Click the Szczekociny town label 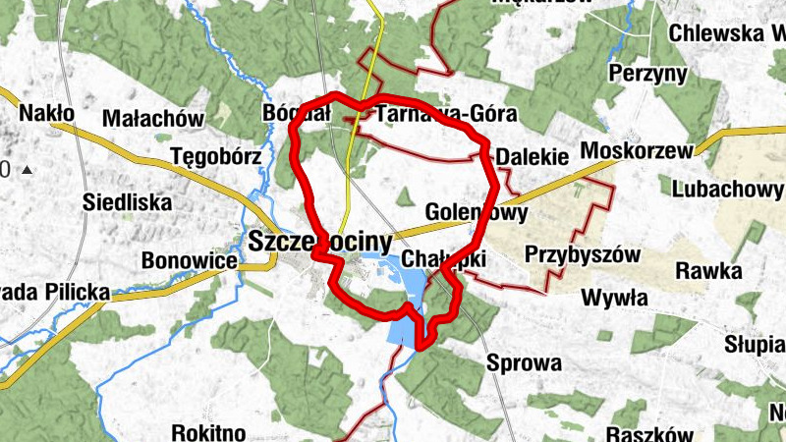coord(320,241)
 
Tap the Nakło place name coord(46,114)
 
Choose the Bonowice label coord(190,261)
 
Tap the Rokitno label coord(207,431)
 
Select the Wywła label coord(614,297)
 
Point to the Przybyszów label coord(583,254)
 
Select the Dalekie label coord(533,157)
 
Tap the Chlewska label coord(725,32)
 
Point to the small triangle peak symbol coord(27,170)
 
